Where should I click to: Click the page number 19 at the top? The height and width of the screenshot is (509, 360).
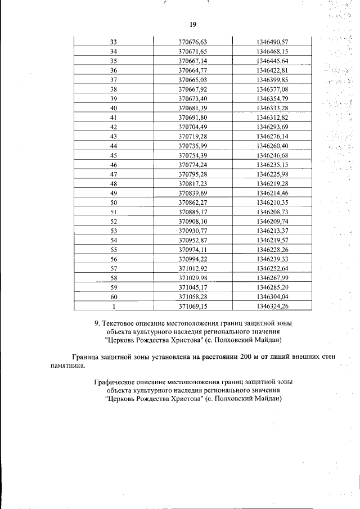point(192,25)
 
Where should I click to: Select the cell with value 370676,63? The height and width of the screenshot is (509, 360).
point(193,42)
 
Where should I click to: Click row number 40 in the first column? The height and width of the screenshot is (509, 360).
point(114,108)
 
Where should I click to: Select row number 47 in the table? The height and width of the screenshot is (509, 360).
point(114,174)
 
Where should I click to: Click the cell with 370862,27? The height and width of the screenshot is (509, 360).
point(193,202)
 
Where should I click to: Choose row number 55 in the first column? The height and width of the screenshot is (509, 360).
point(114,250)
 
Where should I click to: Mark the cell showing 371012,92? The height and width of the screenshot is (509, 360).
point(193,269)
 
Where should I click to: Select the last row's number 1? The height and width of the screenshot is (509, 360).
point(114,307)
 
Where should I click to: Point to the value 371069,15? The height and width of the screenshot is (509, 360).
point(193,307)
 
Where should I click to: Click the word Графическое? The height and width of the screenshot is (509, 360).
point(115,382)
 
